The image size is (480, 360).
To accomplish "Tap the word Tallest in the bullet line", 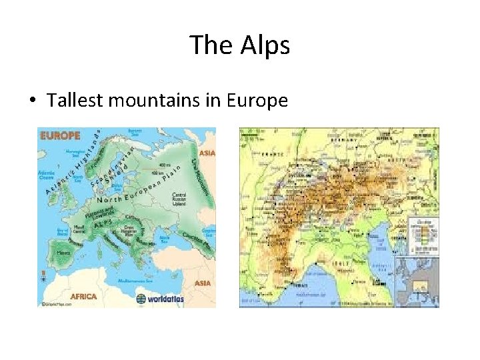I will click(x=75, y=101).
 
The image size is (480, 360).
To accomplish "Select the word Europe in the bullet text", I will click(x=257, y=101).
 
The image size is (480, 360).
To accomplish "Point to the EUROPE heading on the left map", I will click(x=60, y=135).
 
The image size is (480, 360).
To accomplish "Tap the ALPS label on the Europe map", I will click(x=102, y=225).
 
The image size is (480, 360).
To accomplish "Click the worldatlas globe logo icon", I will click(x=141, y=299).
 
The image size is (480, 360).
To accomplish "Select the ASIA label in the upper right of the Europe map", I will click(x=207, y=153).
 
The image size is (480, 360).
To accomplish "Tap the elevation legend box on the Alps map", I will click(x=425, y=235).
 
